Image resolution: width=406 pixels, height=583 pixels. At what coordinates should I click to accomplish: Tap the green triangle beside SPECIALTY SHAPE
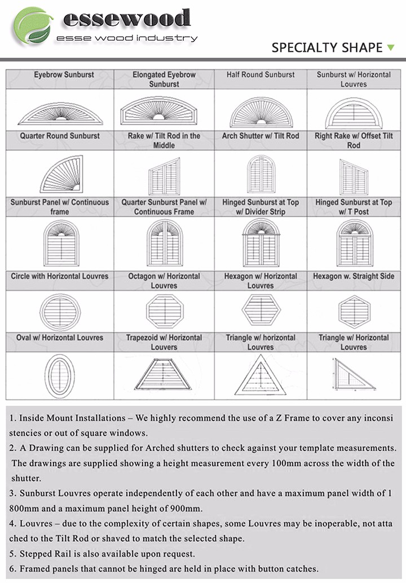(x=391, y=47)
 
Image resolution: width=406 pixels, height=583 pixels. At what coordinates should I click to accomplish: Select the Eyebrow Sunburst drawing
(x=60, y=113)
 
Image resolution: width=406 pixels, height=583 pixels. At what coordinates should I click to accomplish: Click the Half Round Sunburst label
(x=261, y=74)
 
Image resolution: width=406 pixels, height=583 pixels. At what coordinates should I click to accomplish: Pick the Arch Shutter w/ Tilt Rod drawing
(x=261, y=174)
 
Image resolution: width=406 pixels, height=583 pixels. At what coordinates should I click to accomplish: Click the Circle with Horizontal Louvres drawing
(x=60, y=310)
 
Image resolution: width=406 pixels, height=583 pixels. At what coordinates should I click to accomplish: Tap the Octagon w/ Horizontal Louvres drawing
(x=164, y=310)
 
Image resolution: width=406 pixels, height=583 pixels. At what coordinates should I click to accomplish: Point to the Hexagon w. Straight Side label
(x=354, y=277)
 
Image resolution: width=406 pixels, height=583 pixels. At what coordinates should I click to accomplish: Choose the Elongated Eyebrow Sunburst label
(x=164, y=79)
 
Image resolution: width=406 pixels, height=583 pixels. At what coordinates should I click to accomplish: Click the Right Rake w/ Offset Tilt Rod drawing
(x=354, y=177)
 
